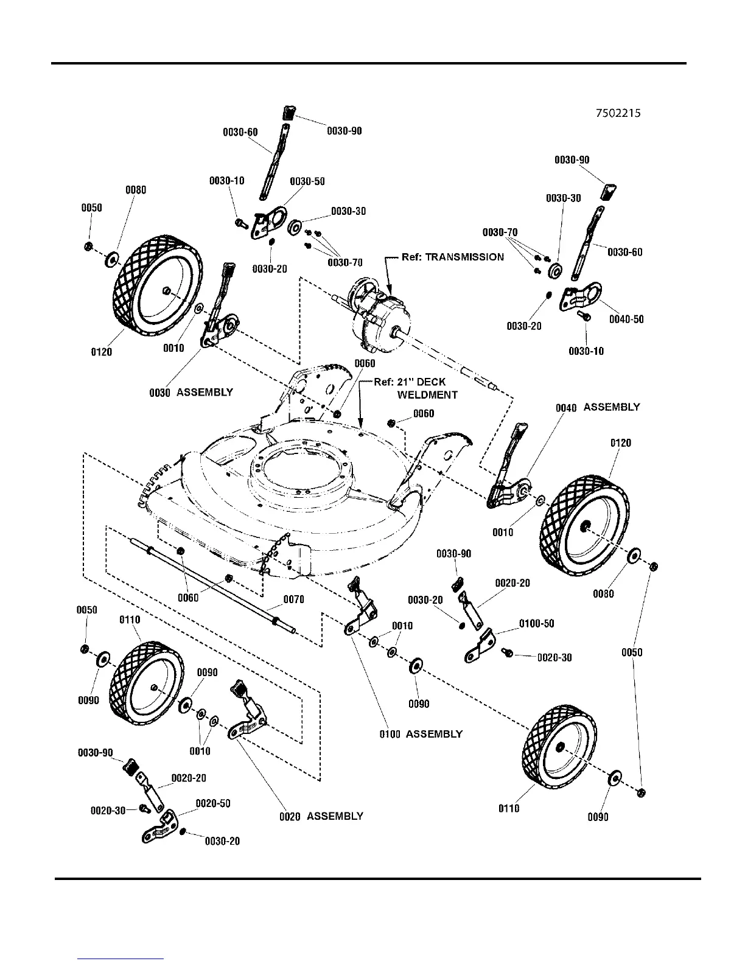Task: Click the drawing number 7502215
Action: point(618,113)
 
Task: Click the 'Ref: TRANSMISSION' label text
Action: point(452,257)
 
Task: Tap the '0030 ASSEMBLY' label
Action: point(191,393)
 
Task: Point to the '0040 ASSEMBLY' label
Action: point(598,407)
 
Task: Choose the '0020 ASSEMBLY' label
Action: point(321,817)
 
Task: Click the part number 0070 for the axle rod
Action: point(294,599)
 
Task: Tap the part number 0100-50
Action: point(537,624)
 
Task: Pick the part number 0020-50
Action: point(213,803)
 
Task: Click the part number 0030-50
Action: point(307,181)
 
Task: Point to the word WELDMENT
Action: point(427,394)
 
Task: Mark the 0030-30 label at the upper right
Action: point(563,198)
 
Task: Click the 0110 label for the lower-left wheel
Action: point(130,620)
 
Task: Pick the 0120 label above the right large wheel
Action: point(620,442)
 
